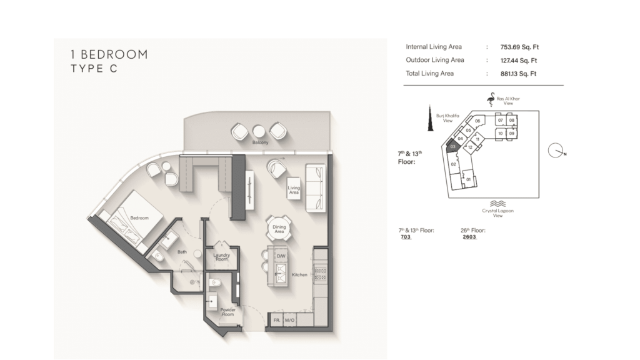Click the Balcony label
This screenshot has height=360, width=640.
(260, 142)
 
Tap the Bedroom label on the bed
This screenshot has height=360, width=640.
(139, 218)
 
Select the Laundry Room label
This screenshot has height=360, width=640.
(222, 257)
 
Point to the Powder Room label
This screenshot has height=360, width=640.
(227, 312)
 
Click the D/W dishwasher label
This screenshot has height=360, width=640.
(281, 256)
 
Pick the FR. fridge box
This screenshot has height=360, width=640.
(276, 319)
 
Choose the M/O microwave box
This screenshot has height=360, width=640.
(289, 319)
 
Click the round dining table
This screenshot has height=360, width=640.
(279, 229)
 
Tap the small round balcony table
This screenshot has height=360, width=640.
(259, 131)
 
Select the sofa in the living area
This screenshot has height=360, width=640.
(316, 187)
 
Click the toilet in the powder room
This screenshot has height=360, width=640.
(215, 282)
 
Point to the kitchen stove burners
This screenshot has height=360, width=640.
(320, 273)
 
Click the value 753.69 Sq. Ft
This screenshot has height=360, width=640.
(519, 47)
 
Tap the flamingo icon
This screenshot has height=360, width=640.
(491, 99)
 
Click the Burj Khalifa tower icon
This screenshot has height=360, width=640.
(430, 118)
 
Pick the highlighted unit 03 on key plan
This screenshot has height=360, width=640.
(452, 146)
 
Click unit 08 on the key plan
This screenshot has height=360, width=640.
(511, 121)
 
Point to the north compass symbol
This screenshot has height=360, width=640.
(556, 151)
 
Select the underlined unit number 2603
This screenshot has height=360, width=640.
(469, 237)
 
